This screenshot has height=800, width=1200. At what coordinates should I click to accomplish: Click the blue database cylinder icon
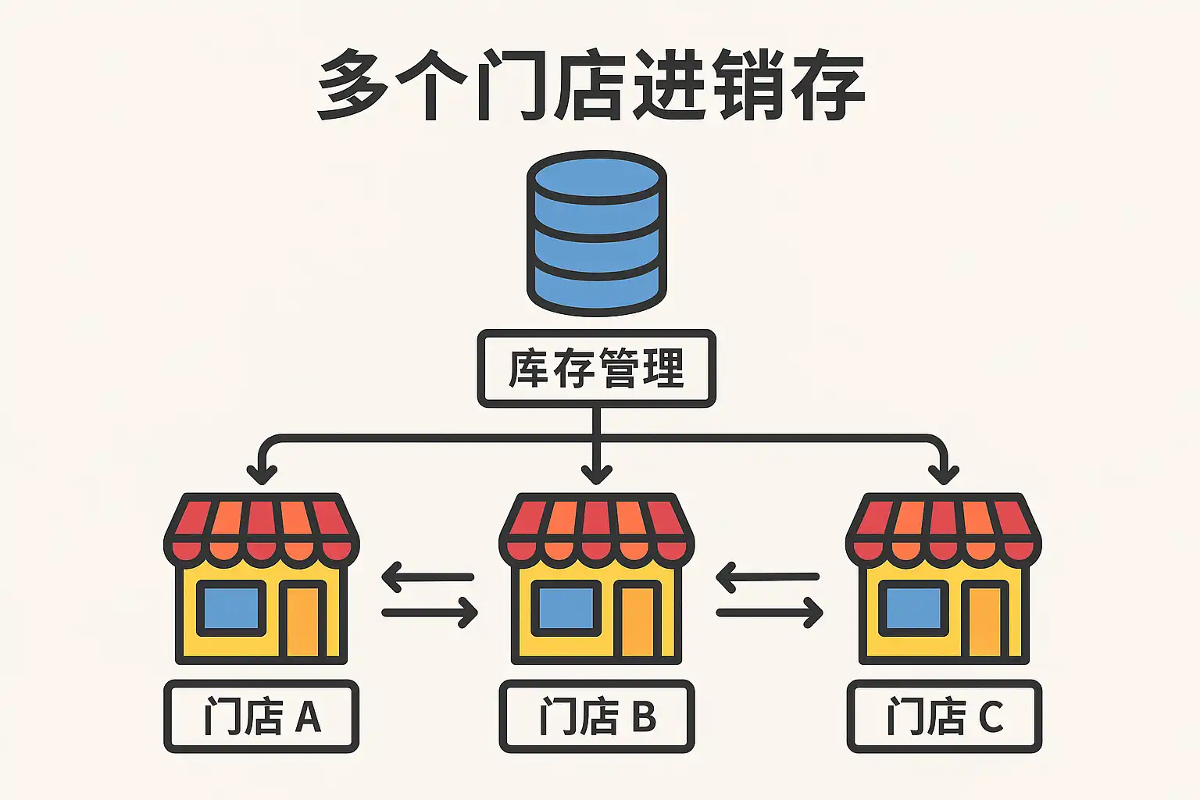pos(596,233)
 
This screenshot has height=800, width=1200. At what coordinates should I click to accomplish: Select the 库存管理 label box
pos(596,368)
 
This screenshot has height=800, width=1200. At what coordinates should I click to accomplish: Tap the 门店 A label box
pos(261,716)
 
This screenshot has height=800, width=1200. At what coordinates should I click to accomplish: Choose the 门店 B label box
pos(596,716)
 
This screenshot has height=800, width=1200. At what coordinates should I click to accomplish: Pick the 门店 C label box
pos(944,716)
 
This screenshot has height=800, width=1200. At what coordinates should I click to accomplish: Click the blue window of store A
pos(230,608)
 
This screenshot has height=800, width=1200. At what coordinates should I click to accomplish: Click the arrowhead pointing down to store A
pos(262,473)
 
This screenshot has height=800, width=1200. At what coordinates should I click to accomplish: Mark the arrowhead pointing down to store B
pos(597,473)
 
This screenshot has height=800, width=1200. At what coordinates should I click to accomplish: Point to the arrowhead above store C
pos(944,473)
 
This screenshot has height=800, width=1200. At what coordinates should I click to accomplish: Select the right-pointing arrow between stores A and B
pos(430,612)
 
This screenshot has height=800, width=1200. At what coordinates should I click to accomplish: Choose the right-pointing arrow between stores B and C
pos(770,612)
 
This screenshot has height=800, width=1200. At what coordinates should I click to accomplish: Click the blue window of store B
pos(566,608)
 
